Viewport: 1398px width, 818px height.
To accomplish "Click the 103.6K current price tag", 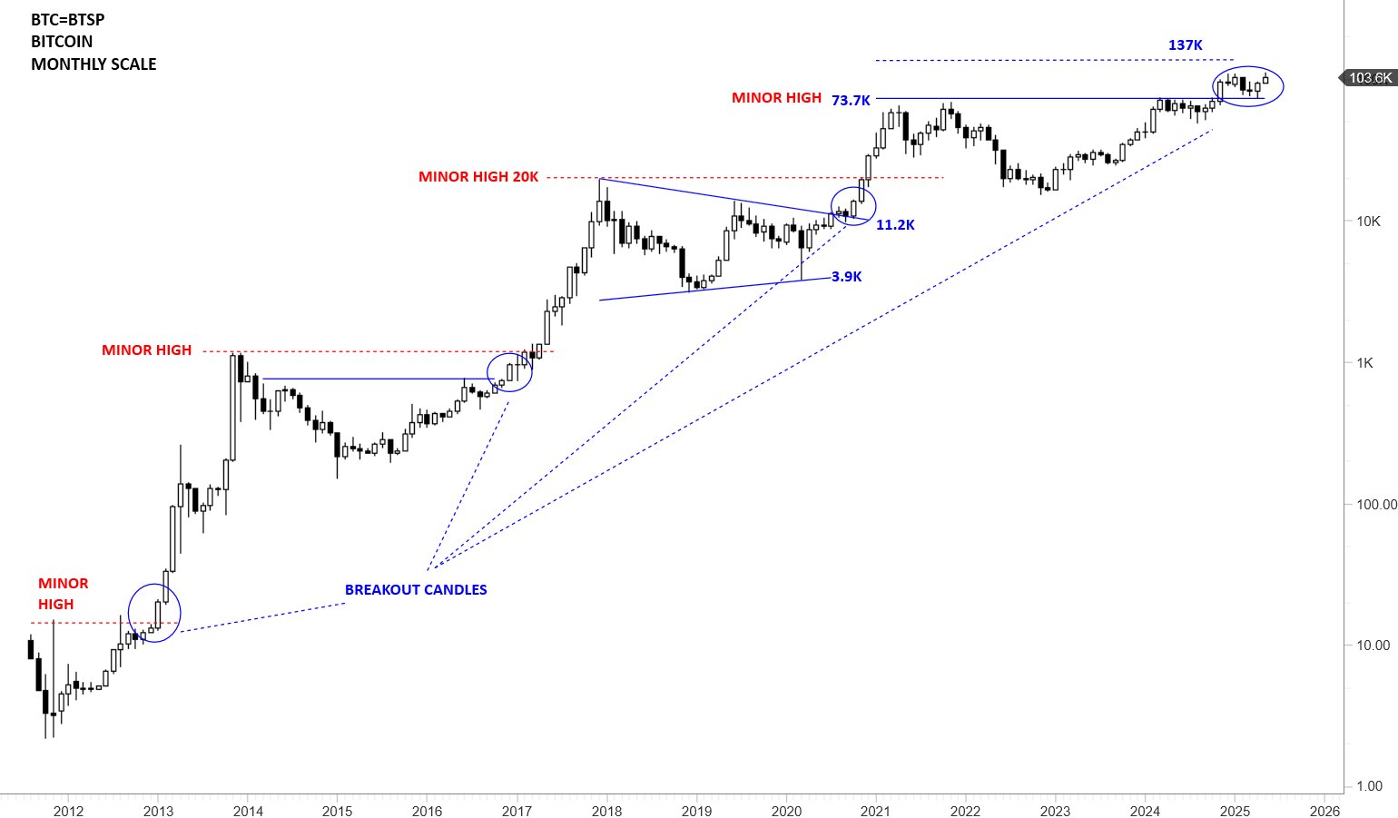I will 1368,78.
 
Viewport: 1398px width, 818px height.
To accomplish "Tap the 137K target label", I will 1185,45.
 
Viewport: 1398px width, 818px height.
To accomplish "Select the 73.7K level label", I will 851,101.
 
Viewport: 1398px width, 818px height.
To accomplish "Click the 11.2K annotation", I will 895,225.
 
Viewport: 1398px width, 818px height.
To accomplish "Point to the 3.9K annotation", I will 846,277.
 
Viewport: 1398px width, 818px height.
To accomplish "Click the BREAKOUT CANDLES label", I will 416,590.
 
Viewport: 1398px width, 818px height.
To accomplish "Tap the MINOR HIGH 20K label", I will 478,177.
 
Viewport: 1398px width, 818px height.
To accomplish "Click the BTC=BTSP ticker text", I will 68,19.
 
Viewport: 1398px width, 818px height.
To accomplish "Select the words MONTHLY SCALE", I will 94,64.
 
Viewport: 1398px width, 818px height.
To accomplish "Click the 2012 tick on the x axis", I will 68,811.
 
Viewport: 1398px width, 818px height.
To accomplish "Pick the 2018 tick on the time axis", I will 606,811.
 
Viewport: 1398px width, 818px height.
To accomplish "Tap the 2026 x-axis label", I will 1324,811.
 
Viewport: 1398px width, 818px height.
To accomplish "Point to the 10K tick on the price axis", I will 1368,222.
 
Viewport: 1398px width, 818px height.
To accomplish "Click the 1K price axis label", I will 1364,363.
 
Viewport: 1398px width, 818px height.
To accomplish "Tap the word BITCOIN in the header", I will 62,42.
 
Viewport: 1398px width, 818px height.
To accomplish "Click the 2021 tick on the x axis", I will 875,811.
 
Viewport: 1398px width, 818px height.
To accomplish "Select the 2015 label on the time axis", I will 337,811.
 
